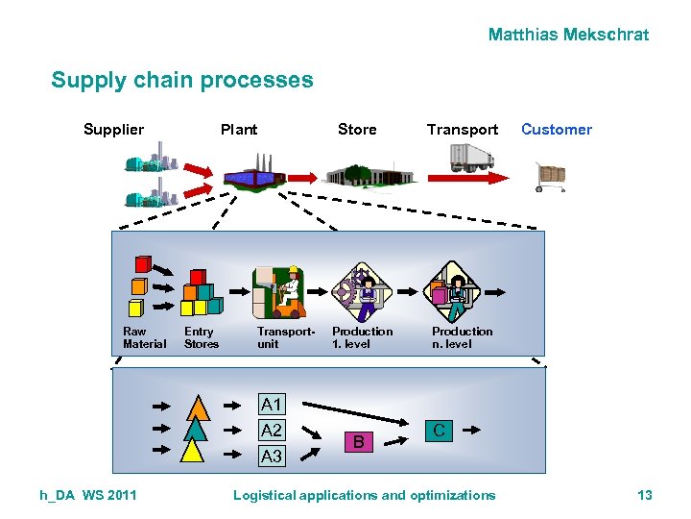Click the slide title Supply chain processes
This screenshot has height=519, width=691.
tap(182, 80)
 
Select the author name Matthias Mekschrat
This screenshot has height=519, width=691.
tap(568, 35)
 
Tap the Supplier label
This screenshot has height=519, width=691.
tap(113, 130)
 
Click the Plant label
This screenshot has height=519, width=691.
tap(239, 130)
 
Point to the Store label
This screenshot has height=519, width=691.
tap(357, 130)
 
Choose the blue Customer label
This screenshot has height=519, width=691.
tap(557, 130)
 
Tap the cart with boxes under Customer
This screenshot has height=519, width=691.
tap(551, 177)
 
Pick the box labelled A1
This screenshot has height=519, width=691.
tap(272, 405)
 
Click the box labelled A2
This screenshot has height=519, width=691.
tap(272, 431)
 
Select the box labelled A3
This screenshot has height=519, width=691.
tap(272, 457)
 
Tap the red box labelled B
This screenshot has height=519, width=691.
tap(358, 442)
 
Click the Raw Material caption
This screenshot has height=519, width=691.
tap(144, 337)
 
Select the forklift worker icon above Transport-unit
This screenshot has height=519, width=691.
tap(279, 291)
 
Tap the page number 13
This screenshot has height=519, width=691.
tap(645, 495)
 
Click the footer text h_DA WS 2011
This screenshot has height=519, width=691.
tap(88, 495)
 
